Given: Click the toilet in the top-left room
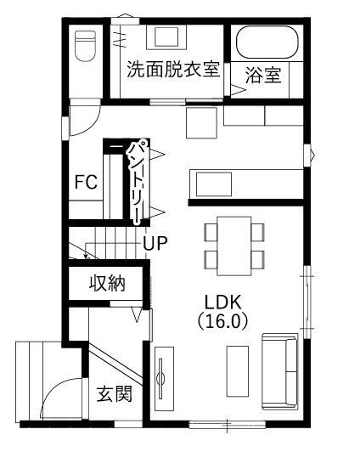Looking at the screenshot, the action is (85, 46).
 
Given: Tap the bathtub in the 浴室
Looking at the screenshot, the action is (267, 42).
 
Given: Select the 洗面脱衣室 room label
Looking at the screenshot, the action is (173, 69).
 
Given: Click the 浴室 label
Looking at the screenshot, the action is (263, 75).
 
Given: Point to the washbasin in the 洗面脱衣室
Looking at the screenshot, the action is (166, 37).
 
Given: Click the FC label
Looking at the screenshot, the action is (86, 182).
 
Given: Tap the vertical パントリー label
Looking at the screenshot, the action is (138, 183).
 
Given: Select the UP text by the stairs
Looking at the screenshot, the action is (155, 243).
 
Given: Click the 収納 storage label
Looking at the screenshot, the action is (107, 283).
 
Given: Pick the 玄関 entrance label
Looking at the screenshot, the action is (115, 393).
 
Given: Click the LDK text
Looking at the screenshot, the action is (222, 302).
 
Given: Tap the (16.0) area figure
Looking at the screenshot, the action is (222, 320).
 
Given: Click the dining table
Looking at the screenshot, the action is (234, 246).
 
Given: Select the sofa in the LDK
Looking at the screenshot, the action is (279, 371).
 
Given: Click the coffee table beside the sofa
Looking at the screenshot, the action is (238, 371).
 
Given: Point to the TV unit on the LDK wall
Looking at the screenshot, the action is (164, 378).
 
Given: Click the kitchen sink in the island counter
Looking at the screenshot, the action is (214, 184).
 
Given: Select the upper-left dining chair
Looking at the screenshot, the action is (211, 232).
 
